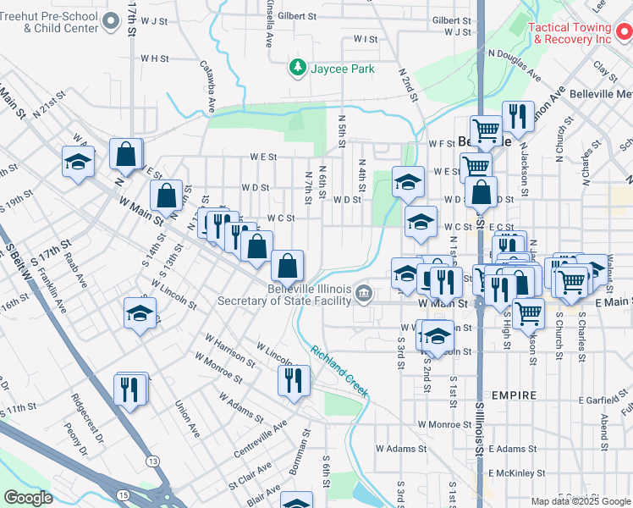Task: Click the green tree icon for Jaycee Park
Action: pyautogui.click(x=297, y=67)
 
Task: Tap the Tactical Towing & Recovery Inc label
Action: pyautogui.click(x=570, y=33)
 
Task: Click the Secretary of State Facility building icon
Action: pyautogui.click(x=364, y=293)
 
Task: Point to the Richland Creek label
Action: pyautogui.click(x=339, y=371)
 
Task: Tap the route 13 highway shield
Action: pyautogui.click(x=152, y=461)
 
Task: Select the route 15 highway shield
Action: pyautogui.click(x=124, y=494)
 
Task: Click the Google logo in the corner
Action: pyautogui.click(x=27, y=498)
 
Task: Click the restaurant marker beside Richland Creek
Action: pyautogui.click(x=294, y=380)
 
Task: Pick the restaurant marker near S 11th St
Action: pyautogui.click(x=129, y=389)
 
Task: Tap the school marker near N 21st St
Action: pyautogui.click(x=78, y=161)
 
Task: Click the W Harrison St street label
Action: pyautogui.click(x=228, y=349)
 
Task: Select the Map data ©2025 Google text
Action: pyautogui.click(x=580, y=501)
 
